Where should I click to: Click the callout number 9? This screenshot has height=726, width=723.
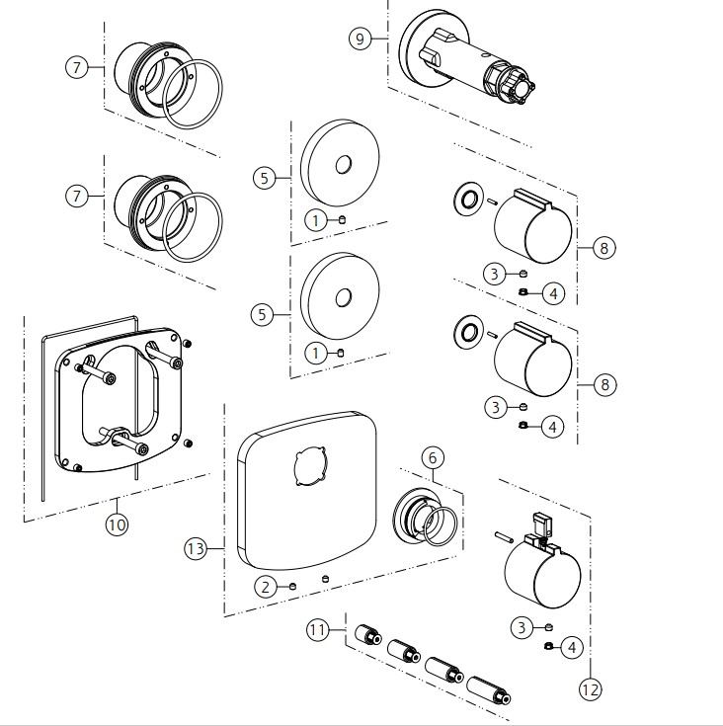tap(360, 39)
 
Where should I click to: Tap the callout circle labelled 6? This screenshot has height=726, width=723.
tap(433, 457)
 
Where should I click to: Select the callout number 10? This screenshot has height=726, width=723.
tap(117, 524)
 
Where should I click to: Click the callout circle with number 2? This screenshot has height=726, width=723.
tap(264, 586)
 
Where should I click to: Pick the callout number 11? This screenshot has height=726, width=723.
tap(318, 629)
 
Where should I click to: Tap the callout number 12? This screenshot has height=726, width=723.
tap(590, 689)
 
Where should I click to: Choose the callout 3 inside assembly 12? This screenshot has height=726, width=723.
tap(522, 625)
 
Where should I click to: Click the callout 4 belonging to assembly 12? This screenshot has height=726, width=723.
tap(570, 648)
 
